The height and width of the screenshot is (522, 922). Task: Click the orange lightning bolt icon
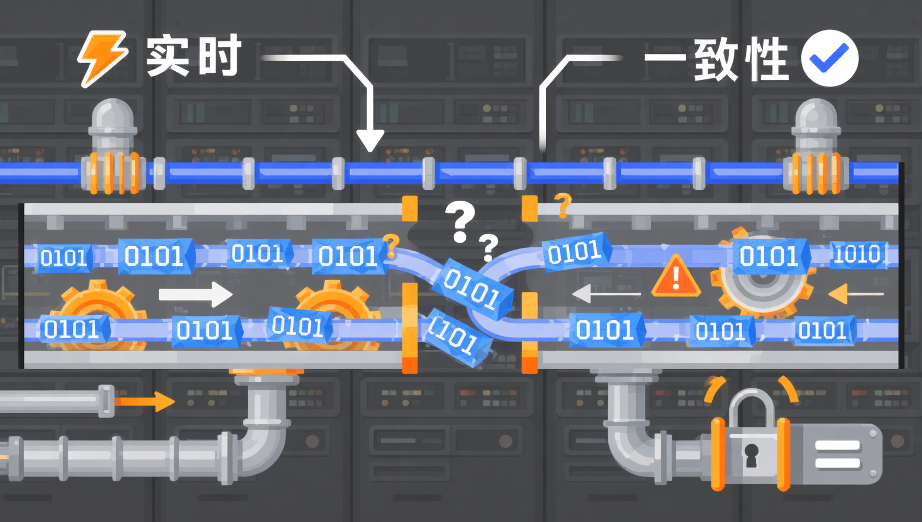click(x=103, y=58)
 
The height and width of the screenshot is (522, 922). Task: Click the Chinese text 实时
click(x=194, y=55)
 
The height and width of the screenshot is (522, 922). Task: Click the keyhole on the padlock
click(x=752, y=455)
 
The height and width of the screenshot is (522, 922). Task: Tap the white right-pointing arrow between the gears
click(x=196, y=294)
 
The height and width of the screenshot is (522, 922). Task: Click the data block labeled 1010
click(x=858, y=255)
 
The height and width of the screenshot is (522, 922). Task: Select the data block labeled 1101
click(x=456, y=338)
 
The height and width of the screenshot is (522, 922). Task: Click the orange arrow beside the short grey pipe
click(x=145, y=401)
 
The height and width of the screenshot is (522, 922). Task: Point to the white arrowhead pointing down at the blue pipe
click(x=370, y=140)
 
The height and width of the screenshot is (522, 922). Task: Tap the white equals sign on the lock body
click(x=838, y=454)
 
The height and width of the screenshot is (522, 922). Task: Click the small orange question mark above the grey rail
click(x=563, y=206)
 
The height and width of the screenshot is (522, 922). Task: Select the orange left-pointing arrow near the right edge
click(x=855, y=294)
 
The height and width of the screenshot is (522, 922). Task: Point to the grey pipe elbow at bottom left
click(x=264, y=445)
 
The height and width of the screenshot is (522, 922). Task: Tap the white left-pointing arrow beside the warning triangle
click(x=606, y=294)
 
